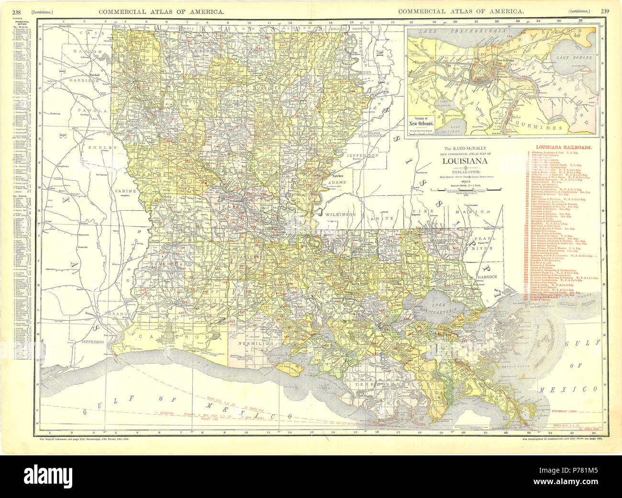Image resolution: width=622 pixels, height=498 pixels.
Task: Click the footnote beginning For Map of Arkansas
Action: (84, 438)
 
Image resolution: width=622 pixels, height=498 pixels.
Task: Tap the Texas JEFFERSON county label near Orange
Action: (92, 342)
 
